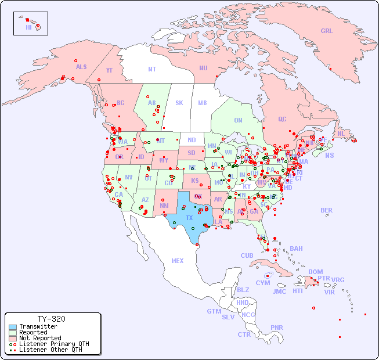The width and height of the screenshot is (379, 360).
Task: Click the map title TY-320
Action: [51, 319]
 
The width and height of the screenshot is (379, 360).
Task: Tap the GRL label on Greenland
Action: [327, 31]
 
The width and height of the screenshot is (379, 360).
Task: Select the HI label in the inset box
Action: [28, 27]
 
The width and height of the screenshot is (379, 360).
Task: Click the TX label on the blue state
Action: [189, 218]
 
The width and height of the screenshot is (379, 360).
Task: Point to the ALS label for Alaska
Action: [81, 67]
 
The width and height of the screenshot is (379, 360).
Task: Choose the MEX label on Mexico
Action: [178, 261]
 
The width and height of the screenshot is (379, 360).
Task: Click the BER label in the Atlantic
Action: [327, 210]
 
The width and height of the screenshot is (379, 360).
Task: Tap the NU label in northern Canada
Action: [203, 68]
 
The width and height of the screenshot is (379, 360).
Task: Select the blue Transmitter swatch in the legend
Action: [12, 326]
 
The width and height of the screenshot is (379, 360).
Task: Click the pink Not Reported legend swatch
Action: [12, 338]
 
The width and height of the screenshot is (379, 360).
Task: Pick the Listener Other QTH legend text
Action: [50, 350]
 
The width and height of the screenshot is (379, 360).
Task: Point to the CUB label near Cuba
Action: [247, 255]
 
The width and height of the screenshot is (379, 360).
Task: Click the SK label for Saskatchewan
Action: [179, 103]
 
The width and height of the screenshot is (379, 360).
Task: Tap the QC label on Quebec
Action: [282, 119]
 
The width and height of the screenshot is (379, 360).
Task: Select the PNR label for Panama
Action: [277, 327]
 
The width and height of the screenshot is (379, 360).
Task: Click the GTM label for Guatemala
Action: [214, 311]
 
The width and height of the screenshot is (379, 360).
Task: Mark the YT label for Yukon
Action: [109, 70]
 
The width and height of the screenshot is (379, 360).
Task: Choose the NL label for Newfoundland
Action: [341, 134]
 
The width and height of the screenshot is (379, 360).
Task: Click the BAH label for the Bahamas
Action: [296, 249]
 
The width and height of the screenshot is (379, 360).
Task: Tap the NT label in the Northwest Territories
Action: [152, 69]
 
